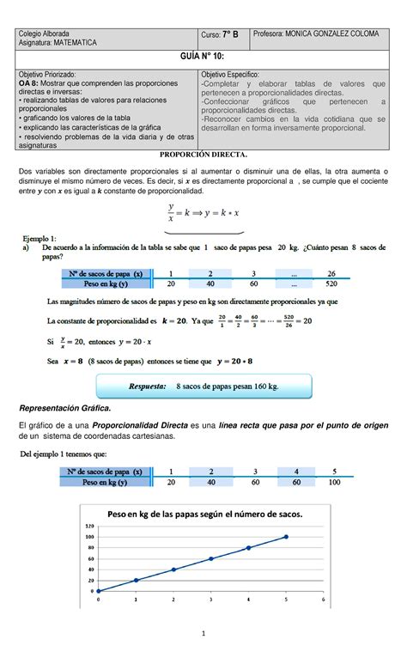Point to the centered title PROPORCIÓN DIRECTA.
pos(203,154)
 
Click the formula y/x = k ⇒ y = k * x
pos(203,213)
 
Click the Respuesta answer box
pos(203,387)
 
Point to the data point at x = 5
pos(286,537)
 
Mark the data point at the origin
pos(99,591)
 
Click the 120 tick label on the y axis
pos(88,526)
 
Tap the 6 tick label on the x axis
pos(323,600)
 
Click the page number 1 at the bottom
pos(203,657)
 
